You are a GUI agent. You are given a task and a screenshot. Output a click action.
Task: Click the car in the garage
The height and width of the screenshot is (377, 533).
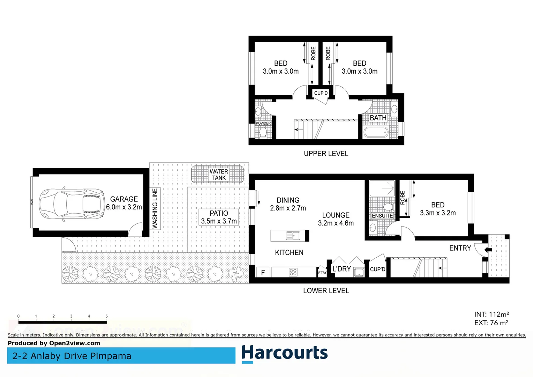click(x=72, y=205)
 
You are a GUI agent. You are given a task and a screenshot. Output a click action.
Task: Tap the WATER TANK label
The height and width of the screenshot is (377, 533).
click(x=219, y=175)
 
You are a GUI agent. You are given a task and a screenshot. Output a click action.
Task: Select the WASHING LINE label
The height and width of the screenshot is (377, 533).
click(x=155, y=208)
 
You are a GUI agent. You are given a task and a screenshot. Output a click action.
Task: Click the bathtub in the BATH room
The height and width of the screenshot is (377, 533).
click(x=376, y=132)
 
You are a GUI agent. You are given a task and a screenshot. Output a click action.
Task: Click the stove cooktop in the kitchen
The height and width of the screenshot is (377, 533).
click(x=293, y=272)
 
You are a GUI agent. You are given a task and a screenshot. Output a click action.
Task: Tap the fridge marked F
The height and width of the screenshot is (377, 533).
click(x=263, y=272)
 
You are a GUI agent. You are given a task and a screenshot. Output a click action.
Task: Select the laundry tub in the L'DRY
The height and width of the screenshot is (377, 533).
click(x=359, y=272)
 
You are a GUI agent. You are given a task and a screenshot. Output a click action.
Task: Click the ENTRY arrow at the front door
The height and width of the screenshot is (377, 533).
click(x=488, y=250)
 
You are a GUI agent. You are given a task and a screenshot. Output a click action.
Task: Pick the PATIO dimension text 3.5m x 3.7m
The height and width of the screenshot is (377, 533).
click(x=219, y=221)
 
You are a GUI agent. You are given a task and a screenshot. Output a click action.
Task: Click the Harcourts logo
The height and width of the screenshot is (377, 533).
click(x=284, y=353)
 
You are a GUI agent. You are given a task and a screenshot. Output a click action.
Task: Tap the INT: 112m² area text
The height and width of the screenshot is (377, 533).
click(x=491, y=315)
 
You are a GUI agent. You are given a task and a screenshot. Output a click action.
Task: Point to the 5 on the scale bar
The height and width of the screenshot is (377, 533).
click(x=106, y=316)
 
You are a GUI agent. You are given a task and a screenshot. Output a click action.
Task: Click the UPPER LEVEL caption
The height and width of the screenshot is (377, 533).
click(x=326, y=154)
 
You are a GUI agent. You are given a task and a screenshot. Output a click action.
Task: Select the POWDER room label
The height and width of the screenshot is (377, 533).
click(x=263, y=123)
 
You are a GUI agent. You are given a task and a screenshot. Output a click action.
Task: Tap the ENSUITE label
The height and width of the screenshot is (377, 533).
click(x=382, y=216)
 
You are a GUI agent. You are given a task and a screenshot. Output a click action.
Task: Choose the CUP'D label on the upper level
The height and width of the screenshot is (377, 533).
click(x=321, y=93)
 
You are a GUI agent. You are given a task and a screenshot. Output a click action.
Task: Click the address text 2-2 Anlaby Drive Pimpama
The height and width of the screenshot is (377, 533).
click(x=72, y=356)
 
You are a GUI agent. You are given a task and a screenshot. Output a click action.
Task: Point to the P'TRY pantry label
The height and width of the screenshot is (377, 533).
click(x=322, y=273)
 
